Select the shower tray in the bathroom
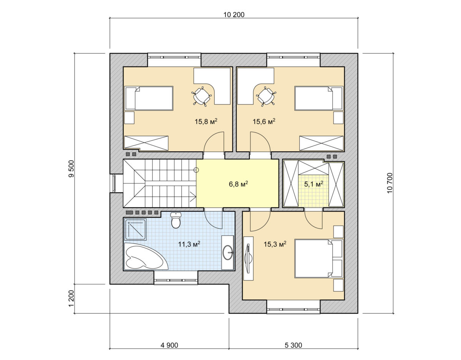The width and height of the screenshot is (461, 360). [x=135, y=230]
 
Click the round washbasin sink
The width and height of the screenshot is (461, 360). [x=228, y=253]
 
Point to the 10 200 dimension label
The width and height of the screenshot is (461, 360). [x=234, y=15]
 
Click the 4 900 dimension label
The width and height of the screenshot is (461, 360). [x=169, y=345]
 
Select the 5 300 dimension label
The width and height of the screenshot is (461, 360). [x=294, y=345]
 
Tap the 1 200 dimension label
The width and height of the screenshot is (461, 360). [x=71, y=298]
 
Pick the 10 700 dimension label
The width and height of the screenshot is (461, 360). [x=390, y=183]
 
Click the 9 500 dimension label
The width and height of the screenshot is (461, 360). [x=71, y=168]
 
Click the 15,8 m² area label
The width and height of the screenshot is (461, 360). [x=206, y=121]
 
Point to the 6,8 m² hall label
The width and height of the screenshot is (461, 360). [x=239, y=184]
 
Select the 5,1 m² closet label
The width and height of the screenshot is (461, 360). [x=314, y=184]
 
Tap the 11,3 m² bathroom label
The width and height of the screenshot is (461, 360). [x=189, y=244]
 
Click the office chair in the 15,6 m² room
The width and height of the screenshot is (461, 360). [x=266, y=97]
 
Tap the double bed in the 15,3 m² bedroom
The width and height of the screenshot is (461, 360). [x=318, y=258]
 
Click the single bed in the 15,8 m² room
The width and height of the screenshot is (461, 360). [x=149, y=98]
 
